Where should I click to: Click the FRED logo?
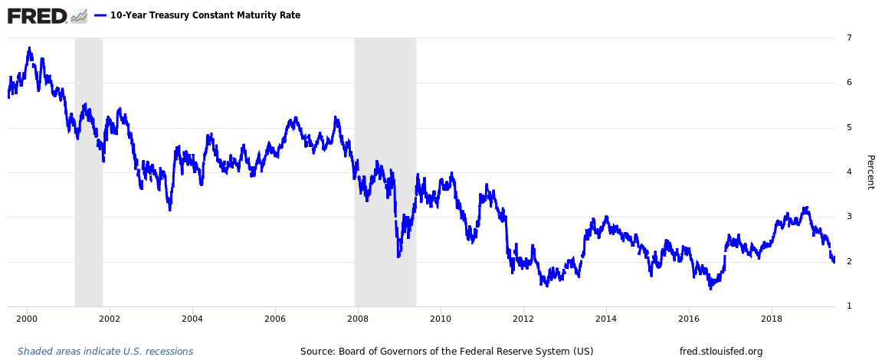click(x=38, y=15)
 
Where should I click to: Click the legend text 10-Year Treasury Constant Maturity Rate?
click(x=205, y=15)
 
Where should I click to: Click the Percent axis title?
click(x=870, y=172)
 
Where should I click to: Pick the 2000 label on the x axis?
click(x=27, y=319)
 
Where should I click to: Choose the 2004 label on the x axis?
click(x=192, y=319)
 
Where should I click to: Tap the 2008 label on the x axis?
click(x=358, y=319)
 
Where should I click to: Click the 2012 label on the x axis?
click(x=523, y=319)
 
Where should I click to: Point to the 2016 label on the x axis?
click(x=689, y=319)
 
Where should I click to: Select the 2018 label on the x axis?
click(x=772, y=319)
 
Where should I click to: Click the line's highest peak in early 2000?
click(x=29, y=48)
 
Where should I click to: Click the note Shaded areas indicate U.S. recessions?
click(x=105, y=352)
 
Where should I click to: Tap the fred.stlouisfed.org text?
click(x=721, y=352)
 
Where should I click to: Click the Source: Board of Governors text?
click(x=447, y=352)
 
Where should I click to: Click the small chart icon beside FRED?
click(x=79, y=15)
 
